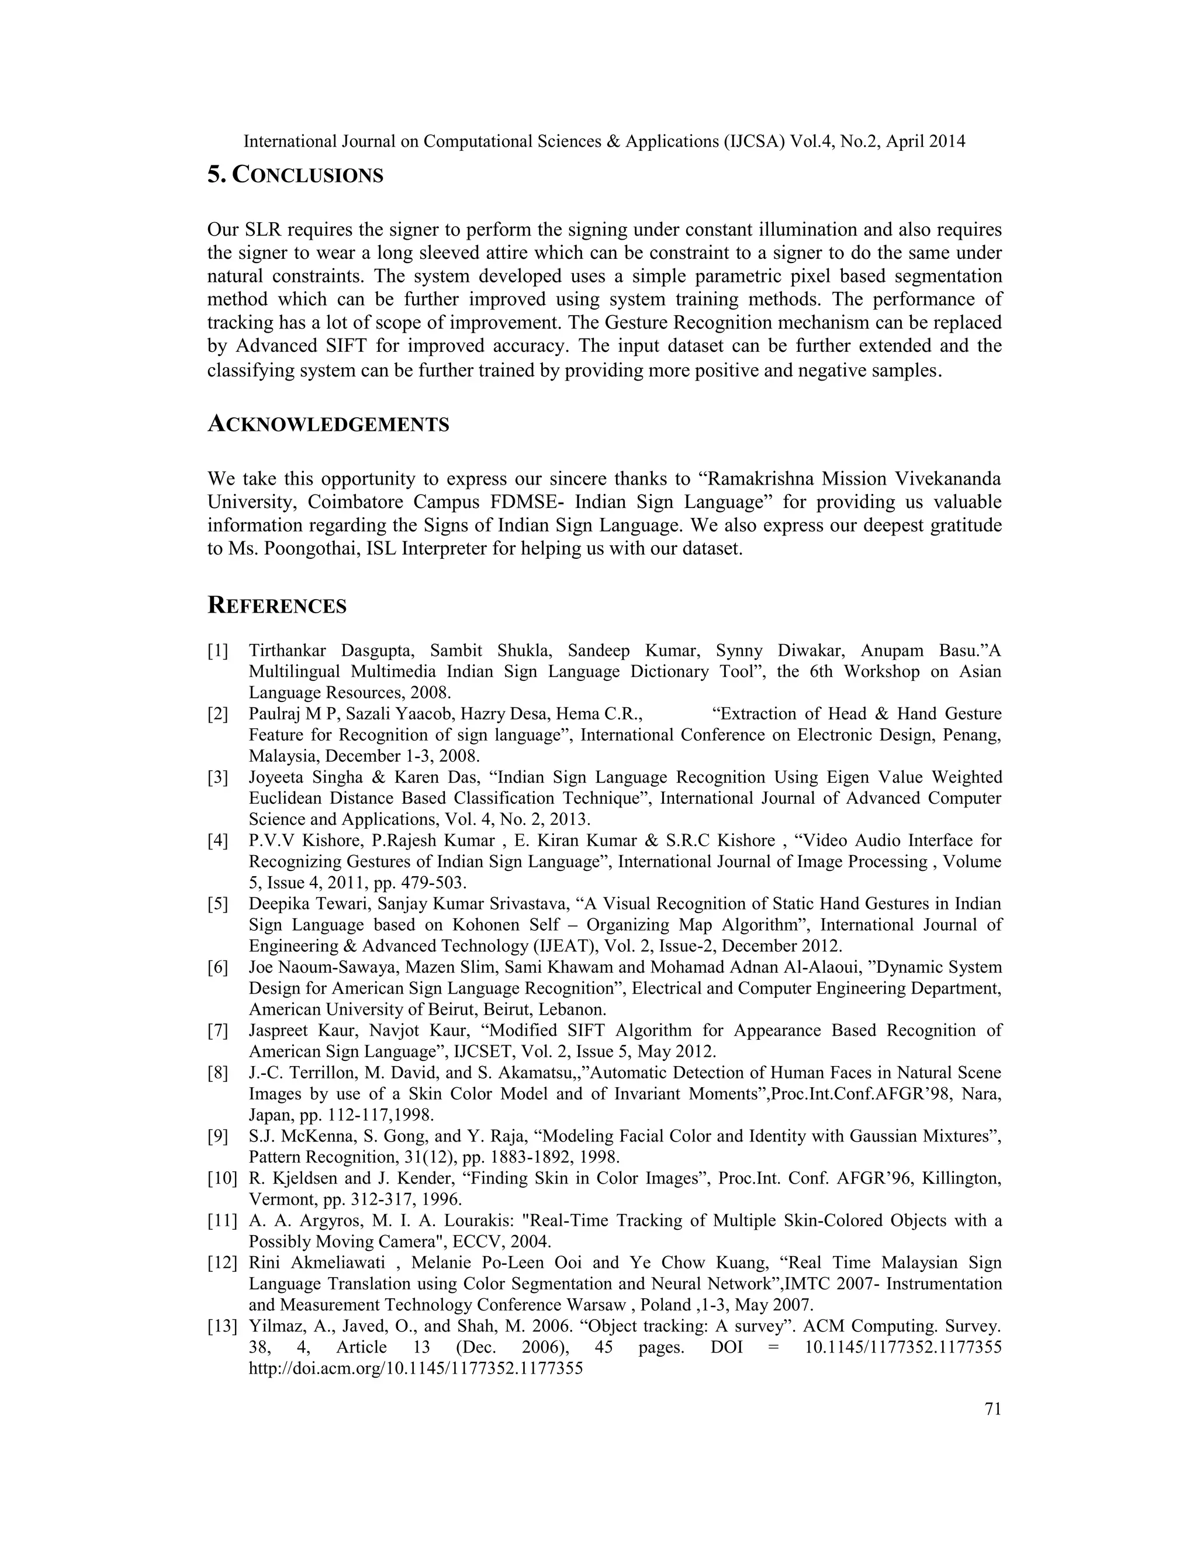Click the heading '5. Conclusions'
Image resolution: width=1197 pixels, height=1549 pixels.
click(295, 175)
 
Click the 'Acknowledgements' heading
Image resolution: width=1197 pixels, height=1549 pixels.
click(328, 425)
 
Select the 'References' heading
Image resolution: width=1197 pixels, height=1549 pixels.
click(276, 606)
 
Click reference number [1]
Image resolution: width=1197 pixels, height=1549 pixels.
click(217, 651)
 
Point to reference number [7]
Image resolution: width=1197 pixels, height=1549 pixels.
click(217, 1031)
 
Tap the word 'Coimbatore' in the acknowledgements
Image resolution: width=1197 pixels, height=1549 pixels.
click(358, 502)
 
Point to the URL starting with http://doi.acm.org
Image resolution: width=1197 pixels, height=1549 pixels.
click(416, 1369)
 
